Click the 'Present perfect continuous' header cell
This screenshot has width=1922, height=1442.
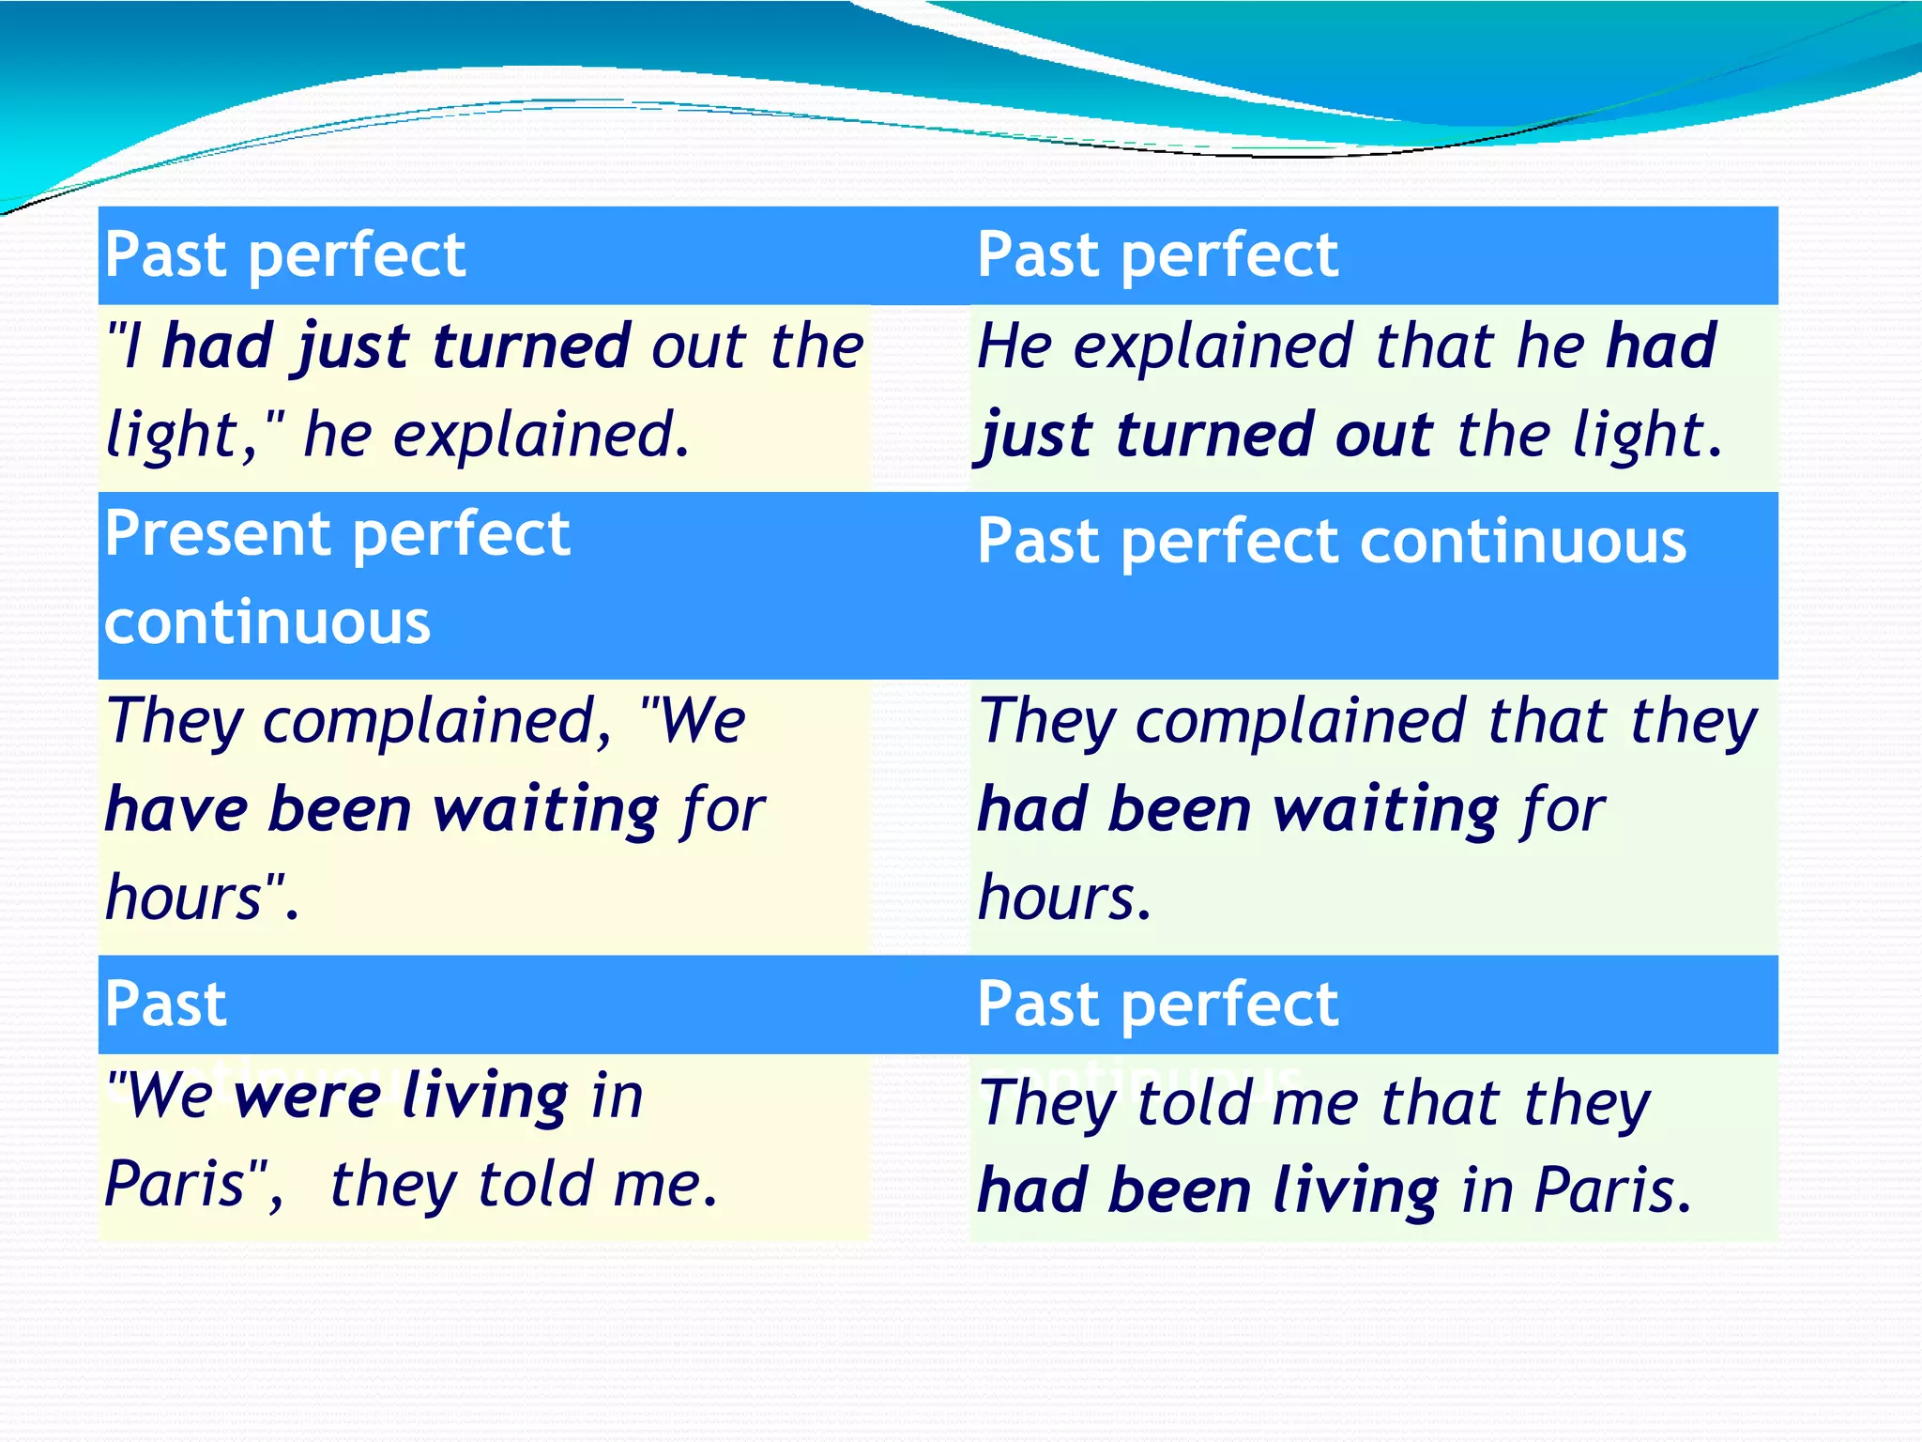click(338, 577)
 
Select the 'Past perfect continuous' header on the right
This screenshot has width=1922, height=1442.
click(1332, 542)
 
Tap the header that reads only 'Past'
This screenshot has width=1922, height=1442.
click(166, 1005)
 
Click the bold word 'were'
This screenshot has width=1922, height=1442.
click(309, 1096)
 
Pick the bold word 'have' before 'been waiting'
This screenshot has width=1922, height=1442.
click(177, 809)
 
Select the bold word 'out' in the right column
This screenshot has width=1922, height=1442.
click(1383, 435)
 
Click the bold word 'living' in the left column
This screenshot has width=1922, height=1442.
click(485, 1096)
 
